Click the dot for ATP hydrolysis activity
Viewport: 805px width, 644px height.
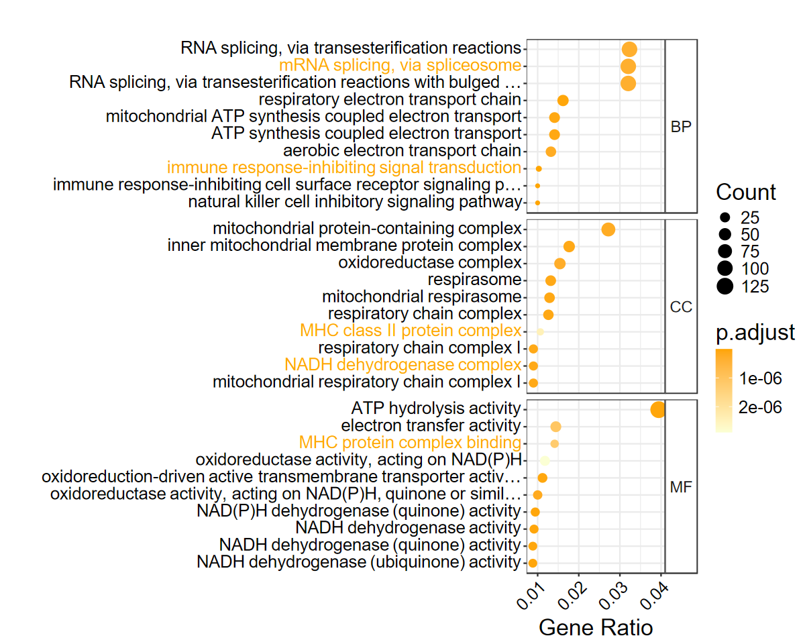(x=658, y=409)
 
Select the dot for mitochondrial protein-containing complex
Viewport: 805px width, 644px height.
(x=608, y=230)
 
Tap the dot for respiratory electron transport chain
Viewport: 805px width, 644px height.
(x=563, y=101)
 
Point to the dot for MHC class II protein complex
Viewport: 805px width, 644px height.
(x=540, y=331)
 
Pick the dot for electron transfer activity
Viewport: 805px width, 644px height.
(x=555, y=427)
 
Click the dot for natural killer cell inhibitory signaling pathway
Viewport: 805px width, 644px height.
(x=537, y=202)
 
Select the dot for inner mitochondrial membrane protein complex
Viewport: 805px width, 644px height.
(x=569, y=247)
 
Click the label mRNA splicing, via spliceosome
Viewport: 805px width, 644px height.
(x=400, y=66)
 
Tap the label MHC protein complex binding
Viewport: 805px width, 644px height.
(x=410, y=443)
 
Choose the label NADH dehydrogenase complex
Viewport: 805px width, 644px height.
(x=402, y=365)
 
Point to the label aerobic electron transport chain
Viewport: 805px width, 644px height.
(x=402, y=150)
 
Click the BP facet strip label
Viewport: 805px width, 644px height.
(x=681, y=127)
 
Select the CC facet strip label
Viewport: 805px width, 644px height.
(x=681, y=307)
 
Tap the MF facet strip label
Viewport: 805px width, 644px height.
(x=681, y=488)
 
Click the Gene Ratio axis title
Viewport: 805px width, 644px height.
(x=596, y=628)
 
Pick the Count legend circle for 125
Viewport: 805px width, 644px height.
(x=724, y=286)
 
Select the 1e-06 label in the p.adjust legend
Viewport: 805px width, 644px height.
(x=761, y=378)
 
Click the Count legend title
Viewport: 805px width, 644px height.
(x=746, y=193)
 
